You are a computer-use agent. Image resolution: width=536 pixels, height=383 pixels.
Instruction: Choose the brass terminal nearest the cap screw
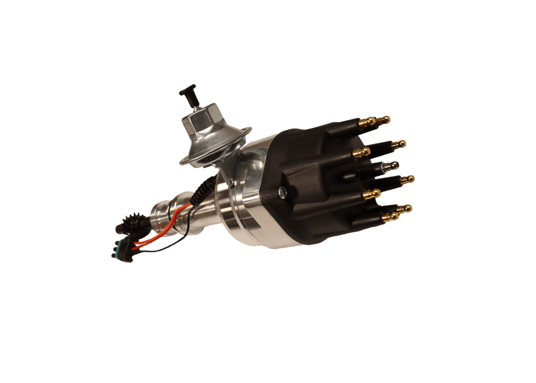coord(372,194)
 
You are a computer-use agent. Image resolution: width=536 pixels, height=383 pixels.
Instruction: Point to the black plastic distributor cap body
coord(312,184)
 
